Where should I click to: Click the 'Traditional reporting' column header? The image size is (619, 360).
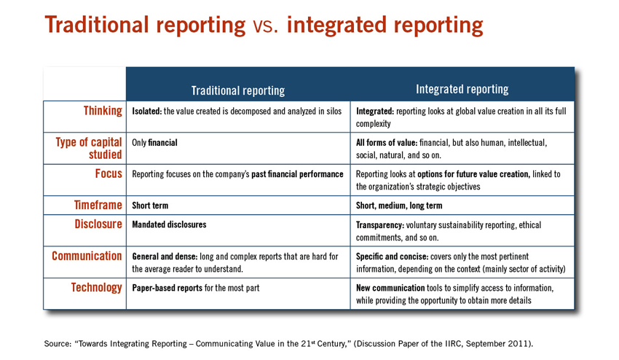237,90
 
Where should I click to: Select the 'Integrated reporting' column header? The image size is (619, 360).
462,90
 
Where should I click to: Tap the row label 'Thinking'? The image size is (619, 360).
103,111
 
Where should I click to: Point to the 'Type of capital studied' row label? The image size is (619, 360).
89,148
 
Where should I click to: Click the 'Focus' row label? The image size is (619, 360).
109,173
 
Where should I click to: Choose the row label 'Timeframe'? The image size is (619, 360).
98,205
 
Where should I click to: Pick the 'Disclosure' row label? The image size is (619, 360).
98,224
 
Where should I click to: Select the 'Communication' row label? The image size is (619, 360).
87,256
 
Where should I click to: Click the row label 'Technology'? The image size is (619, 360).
96,288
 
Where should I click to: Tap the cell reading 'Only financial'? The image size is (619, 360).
154,143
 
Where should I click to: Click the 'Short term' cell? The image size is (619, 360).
150,206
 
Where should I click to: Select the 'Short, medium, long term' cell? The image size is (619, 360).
399,206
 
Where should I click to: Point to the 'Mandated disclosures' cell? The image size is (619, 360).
169,224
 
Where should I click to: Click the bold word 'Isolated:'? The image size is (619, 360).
147,111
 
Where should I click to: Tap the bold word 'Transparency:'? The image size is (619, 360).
379,225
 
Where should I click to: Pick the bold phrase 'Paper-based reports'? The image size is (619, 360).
167,288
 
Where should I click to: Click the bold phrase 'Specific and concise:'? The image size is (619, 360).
392,257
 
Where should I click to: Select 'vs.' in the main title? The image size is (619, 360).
266,26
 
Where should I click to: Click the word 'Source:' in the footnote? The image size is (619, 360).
58,343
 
